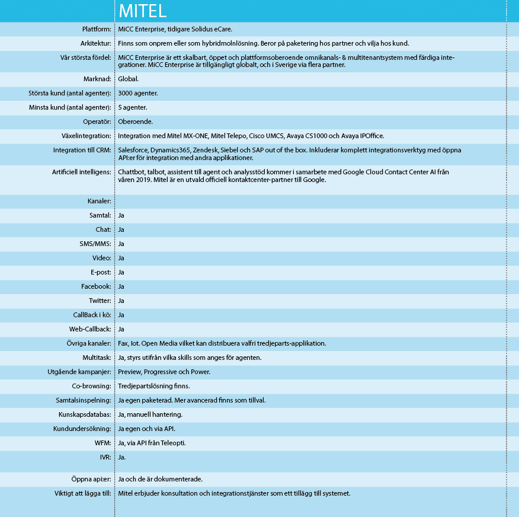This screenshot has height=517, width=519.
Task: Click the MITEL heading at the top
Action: (142, 11)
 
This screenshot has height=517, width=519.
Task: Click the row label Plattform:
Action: (97, 29)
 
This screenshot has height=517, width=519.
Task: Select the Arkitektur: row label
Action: (95, 43)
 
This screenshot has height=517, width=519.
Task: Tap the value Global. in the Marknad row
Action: (129, 79)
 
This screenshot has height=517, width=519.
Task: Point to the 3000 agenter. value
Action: (138, 93)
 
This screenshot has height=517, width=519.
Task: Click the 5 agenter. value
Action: (133, 107)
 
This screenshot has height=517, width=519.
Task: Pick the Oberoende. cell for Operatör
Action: (136, 122)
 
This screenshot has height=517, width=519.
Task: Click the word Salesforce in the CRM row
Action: (133, 150)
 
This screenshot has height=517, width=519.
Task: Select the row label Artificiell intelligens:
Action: (82, 172)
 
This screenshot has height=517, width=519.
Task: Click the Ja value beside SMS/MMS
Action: (121, 244)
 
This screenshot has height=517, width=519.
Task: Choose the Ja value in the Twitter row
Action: (121, 301)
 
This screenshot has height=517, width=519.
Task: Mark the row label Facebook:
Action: (96, 286)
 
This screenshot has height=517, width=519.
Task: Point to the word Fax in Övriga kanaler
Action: (123, 343)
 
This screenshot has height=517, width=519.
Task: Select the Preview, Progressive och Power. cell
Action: (164, 372)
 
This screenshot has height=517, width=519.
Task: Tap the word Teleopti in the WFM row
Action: (172, 443)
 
